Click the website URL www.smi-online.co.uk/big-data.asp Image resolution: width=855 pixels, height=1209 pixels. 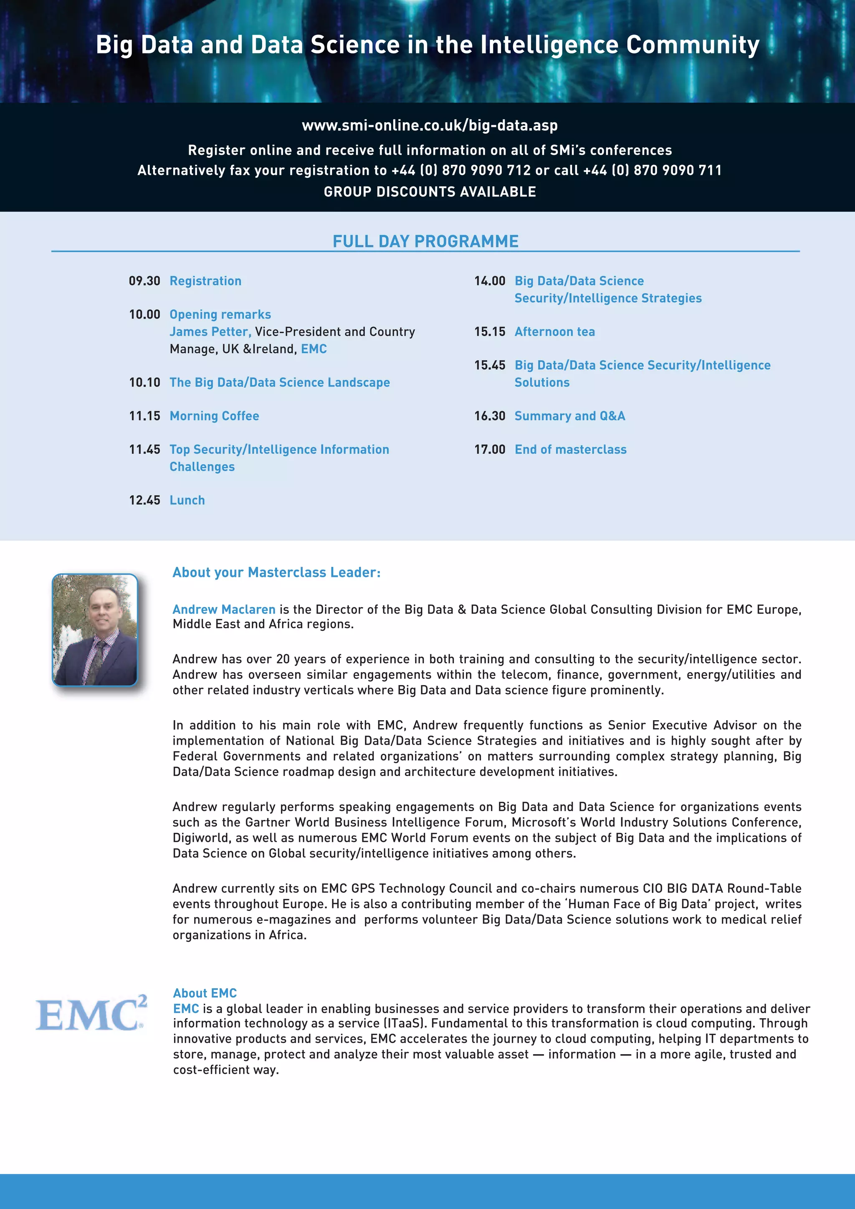(x=430, y=125)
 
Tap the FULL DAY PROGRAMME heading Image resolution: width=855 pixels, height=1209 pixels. (x=425, y=241)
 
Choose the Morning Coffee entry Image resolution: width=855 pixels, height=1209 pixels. (x=214, y=416)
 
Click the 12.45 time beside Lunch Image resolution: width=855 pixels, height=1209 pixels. (x=144, y=500)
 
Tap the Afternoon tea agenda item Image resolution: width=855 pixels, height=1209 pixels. (x=554, y=332)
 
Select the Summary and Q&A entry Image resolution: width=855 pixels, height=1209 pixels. (x=569, y=416)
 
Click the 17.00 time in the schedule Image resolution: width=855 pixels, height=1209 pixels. (x=490, y=450)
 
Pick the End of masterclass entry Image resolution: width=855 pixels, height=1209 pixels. (x=570, y=450)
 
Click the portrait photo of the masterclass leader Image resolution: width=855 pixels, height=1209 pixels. (x=95, y=630)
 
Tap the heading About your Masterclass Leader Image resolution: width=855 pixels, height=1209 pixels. (x=276, y=572)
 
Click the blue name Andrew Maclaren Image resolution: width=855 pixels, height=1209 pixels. (x=224, y=610)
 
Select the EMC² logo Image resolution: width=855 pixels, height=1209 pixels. (x=91, y=1013)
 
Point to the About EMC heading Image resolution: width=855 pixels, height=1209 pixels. (x=205, y=993)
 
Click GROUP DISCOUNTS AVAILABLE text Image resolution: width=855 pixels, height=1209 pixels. (x=430, y=192)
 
